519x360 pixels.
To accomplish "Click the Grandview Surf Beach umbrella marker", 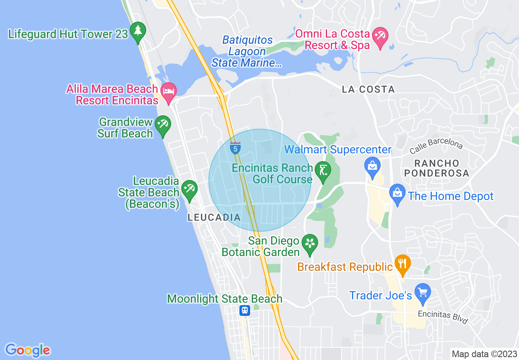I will pyautogui.click(x=163, y=125).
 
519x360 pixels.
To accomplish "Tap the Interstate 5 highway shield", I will pyautogui.click(x=235, y=148).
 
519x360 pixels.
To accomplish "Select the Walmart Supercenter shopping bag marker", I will pyautogui.click(x=372, y=167).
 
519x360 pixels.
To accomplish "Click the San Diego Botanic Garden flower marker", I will pyautogui.click(x=310, y=243).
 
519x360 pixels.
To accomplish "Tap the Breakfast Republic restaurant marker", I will pyautogui.click(x=403, y=264).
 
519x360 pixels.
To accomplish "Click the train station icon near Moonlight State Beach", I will pyautogui.click(x=245, y=310).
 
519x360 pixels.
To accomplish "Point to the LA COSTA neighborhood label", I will pyautogui.click(x=368, y=89).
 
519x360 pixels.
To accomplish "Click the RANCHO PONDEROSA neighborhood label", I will pyautogui.click(x=436, y=168).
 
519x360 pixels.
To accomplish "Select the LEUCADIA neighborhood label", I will pyautogui.click(x=214, y=218).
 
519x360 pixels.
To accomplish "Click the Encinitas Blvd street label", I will pyautogui.click(x=442, y=317).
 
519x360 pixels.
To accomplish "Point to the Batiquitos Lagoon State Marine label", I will pyautogui.click(x=247, y=52).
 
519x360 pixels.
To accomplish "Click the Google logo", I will pyautogui.click(x=27, y=350).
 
